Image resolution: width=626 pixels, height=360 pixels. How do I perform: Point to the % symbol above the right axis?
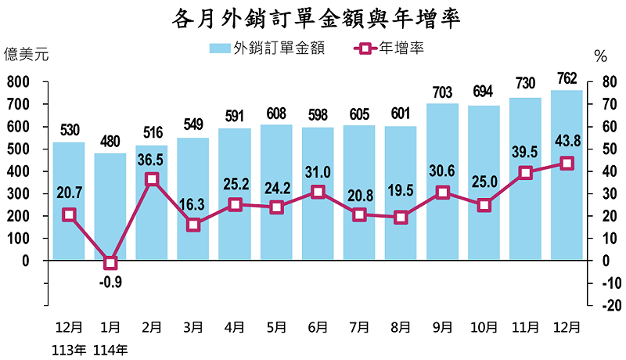click(x=600, y=56)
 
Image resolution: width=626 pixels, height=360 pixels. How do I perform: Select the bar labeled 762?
click(x=567, y=175)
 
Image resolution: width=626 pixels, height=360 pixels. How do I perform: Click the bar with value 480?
click(x=110, y=207)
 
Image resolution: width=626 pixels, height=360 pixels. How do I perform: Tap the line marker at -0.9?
click(x=110, y=263)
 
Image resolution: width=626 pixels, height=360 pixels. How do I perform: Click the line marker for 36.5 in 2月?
click(x=152, y=179)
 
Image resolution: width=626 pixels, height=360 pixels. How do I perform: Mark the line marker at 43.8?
click(x=567, y=163)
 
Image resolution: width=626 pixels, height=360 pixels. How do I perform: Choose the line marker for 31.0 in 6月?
click(x=318, y=192)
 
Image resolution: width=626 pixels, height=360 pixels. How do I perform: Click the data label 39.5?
click(x=525, y=152)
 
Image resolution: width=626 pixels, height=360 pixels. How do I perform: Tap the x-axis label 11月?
click(x=525, y=326)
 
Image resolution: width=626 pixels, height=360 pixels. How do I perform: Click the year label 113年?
click(x=69, y=349)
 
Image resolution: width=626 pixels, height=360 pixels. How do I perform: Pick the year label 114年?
click(x=110, y=349)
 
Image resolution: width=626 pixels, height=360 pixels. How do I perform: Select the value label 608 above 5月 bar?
click(x=276, y=113)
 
